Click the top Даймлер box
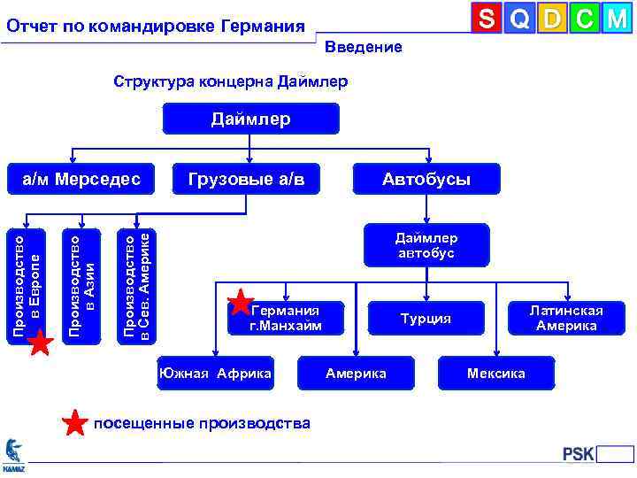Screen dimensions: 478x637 point(250,119)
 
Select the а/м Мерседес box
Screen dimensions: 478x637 point(81,180)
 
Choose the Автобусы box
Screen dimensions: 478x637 point(426,180)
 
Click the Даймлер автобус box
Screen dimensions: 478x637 point(426,245)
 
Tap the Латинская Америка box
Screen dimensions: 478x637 point(566,318)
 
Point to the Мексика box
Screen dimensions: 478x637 point(496,373)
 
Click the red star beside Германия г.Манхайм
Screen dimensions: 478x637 point(241,304)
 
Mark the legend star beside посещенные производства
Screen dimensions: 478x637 point(77,423)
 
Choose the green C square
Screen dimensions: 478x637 point(585,19)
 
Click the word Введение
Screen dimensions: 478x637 point(363,47)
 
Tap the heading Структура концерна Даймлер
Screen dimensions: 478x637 point(231,81)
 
